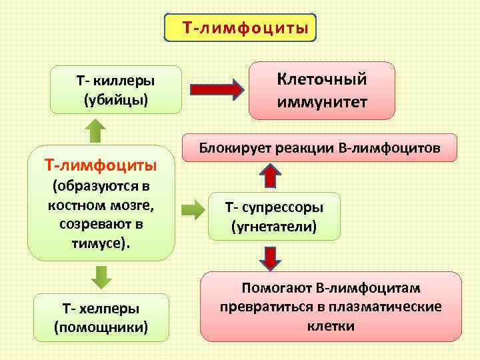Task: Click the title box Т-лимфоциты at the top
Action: (241, 29)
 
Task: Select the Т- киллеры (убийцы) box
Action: (115, 90)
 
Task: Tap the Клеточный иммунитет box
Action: (322, 91)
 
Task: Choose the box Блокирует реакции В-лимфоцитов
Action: (320, 147)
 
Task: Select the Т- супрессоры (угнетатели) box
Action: (274, 216)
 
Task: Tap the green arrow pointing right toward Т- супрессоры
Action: (194, 209)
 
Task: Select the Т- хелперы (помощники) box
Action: (101, 318)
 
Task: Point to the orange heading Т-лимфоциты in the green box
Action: (101, 164)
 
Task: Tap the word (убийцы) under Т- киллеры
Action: (115, 100)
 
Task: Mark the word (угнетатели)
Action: (274, 227)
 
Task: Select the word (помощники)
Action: (101, 328)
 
